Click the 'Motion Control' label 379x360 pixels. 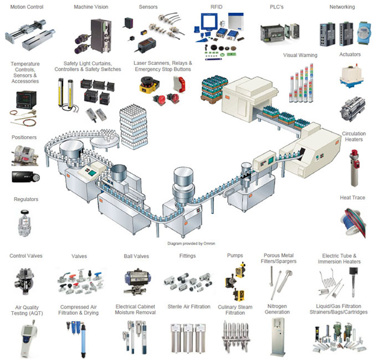click(x=27, y=7)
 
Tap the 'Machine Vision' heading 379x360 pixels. click(x=91, y=7)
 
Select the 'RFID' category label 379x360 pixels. click(x=216, y=7)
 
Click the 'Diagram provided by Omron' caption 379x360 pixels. click(x=191, y=243)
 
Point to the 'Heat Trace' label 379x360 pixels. click(x=352, y=198)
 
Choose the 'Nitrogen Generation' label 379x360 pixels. click(x=277, y=309)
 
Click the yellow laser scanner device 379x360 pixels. click(x=148, y=85)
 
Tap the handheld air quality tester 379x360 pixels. click(x=29, y=338)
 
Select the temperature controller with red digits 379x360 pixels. click(x=26, y=100)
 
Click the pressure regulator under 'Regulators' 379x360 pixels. click(x=24, y=223)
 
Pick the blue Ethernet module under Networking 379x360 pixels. click(x=364, y=32)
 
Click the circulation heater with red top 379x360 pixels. click(x=355, y=168)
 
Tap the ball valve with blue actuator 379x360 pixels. click(x=137, y=282)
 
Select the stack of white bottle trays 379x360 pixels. click(x=133, y=127)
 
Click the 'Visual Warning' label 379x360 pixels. click(x=300, y=55)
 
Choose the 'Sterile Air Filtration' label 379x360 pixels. click(x=189, y=307)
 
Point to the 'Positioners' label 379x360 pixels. click(x=24, y=137)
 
